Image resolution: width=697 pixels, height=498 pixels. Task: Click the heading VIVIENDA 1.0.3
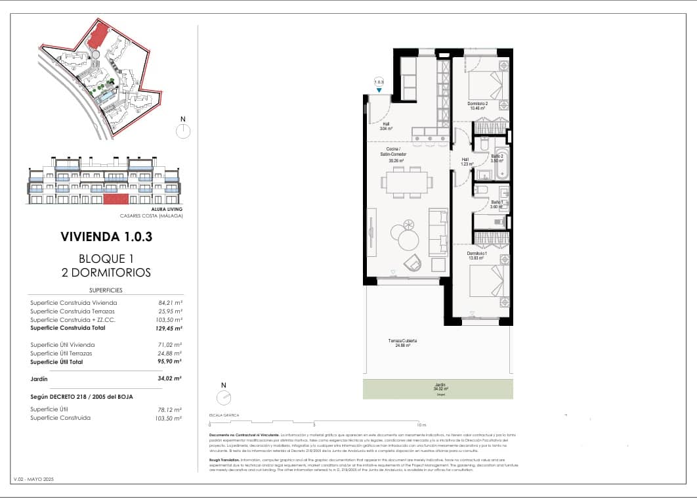click(x=106, y=237)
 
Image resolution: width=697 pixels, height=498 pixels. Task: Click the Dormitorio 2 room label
click(x=477, y=106)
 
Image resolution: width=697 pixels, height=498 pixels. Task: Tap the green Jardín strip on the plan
click(x=438, y=390)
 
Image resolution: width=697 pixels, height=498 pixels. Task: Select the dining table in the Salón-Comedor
click(x=408, y=182)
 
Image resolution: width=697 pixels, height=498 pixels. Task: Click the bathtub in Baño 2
click(x=499, y=162)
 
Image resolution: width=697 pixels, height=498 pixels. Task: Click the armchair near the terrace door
click(x=413, y=263)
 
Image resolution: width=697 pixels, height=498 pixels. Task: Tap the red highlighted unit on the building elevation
click(x=116, y=198)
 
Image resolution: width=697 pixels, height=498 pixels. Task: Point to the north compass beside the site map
click(x=182, y=130)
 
